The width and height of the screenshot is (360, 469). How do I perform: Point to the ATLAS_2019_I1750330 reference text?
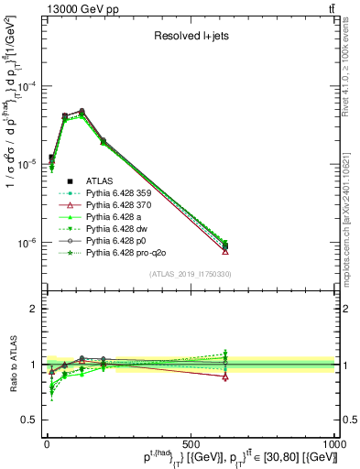coord(191,274)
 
